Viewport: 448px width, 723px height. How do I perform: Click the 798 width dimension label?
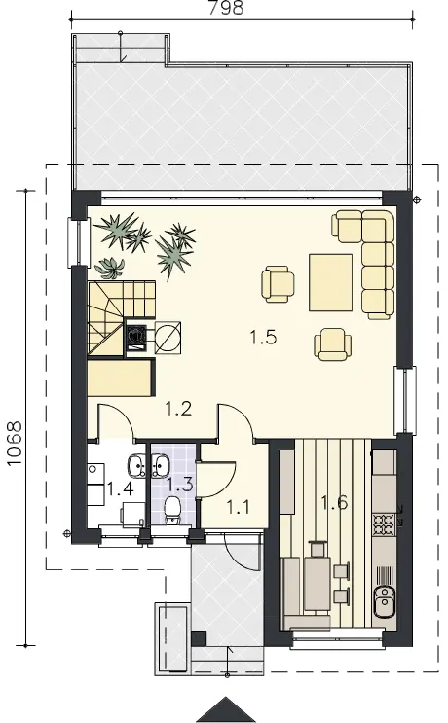tap(225, 8)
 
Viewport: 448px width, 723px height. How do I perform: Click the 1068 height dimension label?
tap(15, 443)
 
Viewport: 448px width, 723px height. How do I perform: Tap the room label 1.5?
tap(263, 338)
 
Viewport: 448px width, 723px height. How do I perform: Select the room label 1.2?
tap(178, 409)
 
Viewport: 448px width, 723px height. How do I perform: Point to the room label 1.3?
tap(179, 485)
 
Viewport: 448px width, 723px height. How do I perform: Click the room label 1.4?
tap(121, 488)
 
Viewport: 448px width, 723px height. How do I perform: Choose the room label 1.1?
tap(238, 507)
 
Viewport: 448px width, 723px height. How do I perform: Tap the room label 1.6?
tap(334, 502)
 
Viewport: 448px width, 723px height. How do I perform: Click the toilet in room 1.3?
tap(172, 511)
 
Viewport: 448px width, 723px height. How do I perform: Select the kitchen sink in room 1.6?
tap(383, 601)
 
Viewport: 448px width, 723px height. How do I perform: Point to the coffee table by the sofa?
tap(331, 282)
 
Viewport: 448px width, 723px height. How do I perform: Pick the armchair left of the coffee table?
tap(278, 284)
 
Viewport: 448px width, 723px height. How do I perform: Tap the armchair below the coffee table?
tap(332, 343)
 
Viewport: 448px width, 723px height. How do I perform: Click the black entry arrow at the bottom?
tap(225, 710)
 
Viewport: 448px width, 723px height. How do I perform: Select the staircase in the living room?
tap(122, 318)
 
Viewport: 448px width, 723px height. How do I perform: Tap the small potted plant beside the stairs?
tap(109, 268)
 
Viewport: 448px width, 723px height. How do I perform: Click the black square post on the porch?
tap(199, 638)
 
